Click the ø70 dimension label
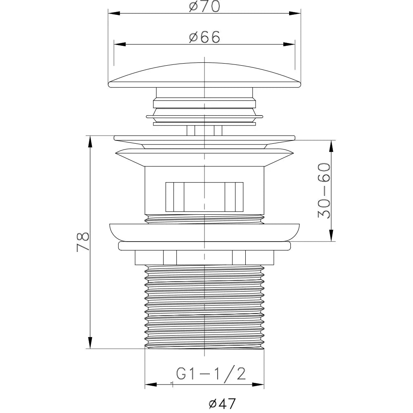click(204, 6)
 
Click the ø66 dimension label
click(204, 37)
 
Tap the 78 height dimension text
click(83, 242)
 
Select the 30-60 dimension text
click(324, 190)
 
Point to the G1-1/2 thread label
click(211, 374)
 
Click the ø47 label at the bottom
click(222, 403)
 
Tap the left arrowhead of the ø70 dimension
click(114, 13)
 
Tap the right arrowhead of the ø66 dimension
click(289, 44)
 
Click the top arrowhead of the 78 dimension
click(90, 142)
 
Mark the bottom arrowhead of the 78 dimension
click(90, 343)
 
